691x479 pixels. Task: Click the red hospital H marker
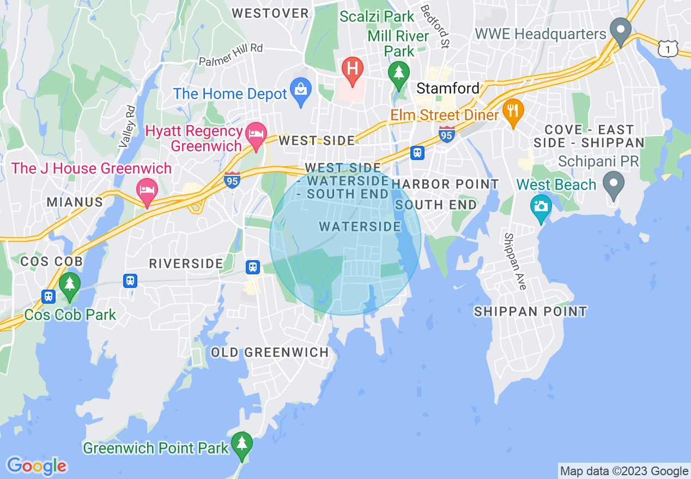click(x=353, y=70)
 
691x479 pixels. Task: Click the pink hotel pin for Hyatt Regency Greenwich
click(x=256, y=134)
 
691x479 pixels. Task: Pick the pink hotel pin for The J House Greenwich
click(x=147, y=191)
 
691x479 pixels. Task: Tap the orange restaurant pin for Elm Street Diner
click(x=512, y=111)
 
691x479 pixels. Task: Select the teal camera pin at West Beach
click(x=541, y=207)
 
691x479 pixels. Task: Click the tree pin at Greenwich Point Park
click(x=241, y=444)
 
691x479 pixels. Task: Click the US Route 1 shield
click(x=668, y=50)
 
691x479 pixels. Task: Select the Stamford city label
click(x=448, y=88)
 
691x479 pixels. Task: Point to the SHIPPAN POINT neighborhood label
click(x=530, y=312)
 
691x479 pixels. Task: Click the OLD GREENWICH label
click(x=270, y=353)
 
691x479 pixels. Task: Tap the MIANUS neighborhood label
click(x=75, y=202)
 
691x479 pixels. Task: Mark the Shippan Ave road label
click(x=514, y=261)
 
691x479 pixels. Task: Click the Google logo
click(x=37, y=466)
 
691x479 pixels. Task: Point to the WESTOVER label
click(x=270, y=13)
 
